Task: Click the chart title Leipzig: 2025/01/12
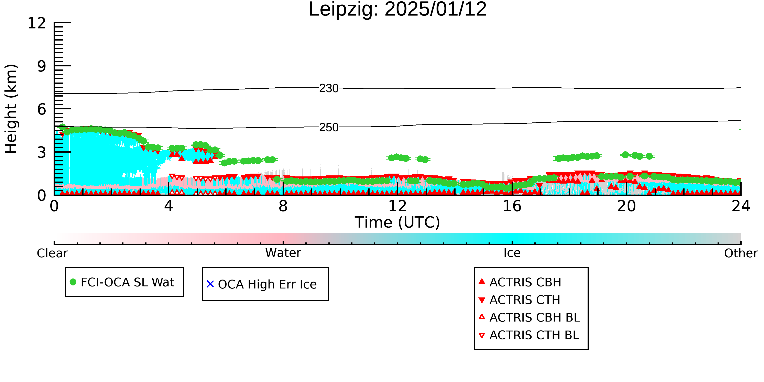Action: point(397,10)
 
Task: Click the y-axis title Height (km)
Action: point(11,109)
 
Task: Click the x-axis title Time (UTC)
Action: point(397,222)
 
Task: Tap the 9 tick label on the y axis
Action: point(42,66)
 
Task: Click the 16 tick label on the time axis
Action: point(512,206)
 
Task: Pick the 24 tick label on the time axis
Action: point(741,206)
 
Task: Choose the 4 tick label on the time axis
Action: point(168,206)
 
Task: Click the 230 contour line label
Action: point(329,88)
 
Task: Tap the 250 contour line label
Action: point(329,128)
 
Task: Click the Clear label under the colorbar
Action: point(52,253)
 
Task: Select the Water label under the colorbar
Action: point(283,253)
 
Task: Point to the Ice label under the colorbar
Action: point(512,253)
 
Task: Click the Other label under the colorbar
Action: point(741,253)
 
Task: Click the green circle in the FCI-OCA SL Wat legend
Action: point(73,282)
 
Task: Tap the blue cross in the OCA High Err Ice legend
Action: point(210,284)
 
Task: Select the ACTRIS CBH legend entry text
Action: point(525,282)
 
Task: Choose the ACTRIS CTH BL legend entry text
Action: point(534,335)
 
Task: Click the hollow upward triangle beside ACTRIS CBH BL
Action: point(482,317)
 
